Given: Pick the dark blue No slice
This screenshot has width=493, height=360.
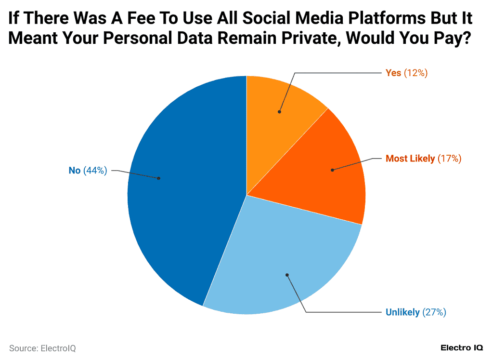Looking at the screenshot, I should click(x=183, y=193).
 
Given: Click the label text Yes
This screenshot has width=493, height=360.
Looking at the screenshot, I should click(x=393, y=73).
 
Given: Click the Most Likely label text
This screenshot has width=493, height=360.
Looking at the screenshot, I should click(x=410, y=159).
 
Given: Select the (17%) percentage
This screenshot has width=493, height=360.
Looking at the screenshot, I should click(x=450, y=159).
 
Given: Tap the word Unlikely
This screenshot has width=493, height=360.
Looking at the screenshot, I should click(x=402, y=312).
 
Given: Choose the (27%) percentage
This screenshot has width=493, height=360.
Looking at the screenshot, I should click(x=434, y=312).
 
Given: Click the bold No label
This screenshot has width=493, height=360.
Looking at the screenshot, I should click(x=75, y=170).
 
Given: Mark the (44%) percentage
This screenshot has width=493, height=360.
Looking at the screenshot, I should click(x=95, y=170).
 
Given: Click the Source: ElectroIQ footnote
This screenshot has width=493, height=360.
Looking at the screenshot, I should click(x=42, y=348).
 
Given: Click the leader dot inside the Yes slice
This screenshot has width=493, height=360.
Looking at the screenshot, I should click(x=279, y=112).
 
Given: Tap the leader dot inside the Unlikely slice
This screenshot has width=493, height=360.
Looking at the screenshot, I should click(x=287, y=275).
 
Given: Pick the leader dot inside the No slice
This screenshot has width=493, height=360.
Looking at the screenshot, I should click(x=159, y=178).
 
